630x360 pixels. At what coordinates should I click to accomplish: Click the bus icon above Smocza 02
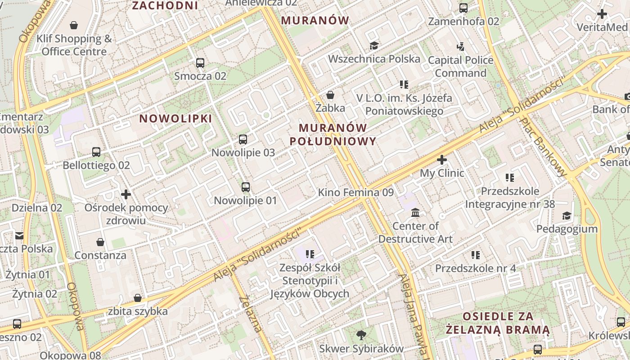[x=200, y=63]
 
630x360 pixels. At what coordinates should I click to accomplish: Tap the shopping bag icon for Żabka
[x=330, y=95]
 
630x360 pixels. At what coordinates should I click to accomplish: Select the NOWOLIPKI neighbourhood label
[x=175, y=118]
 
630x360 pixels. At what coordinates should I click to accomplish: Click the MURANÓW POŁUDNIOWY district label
[x=333, y=135]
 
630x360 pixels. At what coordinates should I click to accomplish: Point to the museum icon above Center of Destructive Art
[x=415, y=212]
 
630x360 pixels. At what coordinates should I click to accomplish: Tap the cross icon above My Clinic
[x=442, y=160]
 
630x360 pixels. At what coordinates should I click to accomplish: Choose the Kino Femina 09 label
[x=355, y=193]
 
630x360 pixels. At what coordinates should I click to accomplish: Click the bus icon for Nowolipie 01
[x=245, y=187]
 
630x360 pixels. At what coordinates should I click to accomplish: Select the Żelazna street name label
[x=251, y=314]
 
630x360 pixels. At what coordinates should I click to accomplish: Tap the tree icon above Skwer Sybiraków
[x=361, y=335]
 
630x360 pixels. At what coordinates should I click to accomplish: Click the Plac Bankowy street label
[x=543, y=147]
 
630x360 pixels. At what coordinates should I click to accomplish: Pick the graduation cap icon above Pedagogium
[x=567, y=216]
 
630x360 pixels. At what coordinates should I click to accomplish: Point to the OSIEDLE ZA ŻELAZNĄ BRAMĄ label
[x=498, y=323]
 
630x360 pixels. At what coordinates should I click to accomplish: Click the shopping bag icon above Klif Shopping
[x=74, y=25]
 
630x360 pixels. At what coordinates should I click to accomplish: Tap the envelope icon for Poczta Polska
[x=19, y=236]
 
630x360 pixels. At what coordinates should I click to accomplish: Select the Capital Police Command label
[x=460, y=67]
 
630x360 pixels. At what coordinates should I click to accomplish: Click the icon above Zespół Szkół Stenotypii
[x=310, y=255]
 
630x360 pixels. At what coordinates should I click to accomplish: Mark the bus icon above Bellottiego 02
[x=96, y=152]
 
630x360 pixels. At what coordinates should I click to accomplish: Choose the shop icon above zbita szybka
[x=138, y=298]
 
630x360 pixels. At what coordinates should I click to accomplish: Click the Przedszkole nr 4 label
[x=475, y=269]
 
